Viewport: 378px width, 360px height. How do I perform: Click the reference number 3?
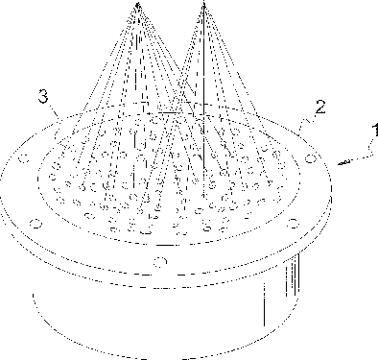(x=43, y=96)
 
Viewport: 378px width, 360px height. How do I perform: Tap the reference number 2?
(x=320, y=107)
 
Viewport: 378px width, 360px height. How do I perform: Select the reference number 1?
(x=375, y=131)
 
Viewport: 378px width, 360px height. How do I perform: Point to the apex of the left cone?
(x=137, y=4)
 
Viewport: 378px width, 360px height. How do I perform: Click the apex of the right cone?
(x=203, y=3)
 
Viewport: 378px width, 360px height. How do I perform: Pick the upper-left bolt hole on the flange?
(x=24, y=158)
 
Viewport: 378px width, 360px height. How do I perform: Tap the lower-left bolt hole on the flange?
(x=36, y=224)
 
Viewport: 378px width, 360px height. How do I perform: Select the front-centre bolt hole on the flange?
(x=160, y=261)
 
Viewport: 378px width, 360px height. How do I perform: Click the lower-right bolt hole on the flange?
(x=293, y=224)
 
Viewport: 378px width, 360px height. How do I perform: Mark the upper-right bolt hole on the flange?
(x=311, y=158)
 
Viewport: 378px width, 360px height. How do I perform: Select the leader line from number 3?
(x=56, y=112)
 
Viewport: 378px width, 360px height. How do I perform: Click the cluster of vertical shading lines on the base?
(x=293, y=275)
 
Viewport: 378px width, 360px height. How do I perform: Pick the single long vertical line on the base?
(x=264, y=304)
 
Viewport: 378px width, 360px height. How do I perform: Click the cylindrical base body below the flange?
(x=166, y=317)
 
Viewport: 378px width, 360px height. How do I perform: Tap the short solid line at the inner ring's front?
(x=167, y=245)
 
